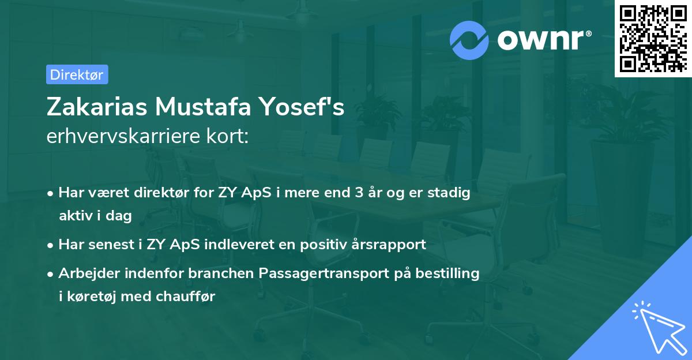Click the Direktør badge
point(77,74)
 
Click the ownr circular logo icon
point(469,39)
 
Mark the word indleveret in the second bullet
point(242,245)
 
